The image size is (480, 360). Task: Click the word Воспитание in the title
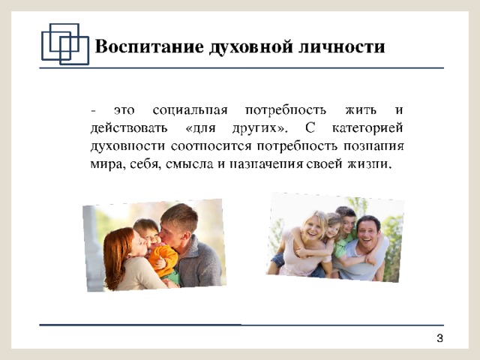pos(150,46)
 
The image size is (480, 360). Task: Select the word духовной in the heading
pos(251,47)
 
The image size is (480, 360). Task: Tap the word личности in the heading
pos(341,47)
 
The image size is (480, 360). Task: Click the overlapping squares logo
pos(65,44)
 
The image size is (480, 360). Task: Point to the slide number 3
pos(440,338)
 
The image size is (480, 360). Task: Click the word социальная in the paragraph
pos(190,110)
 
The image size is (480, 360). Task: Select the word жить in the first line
pos(361,109)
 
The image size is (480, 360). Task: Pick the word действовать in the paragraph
pos(129,128)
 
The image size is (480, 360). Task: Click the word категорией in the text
pos(367,128)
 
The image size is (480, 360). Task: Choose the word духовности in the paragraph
pos(127,146)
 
